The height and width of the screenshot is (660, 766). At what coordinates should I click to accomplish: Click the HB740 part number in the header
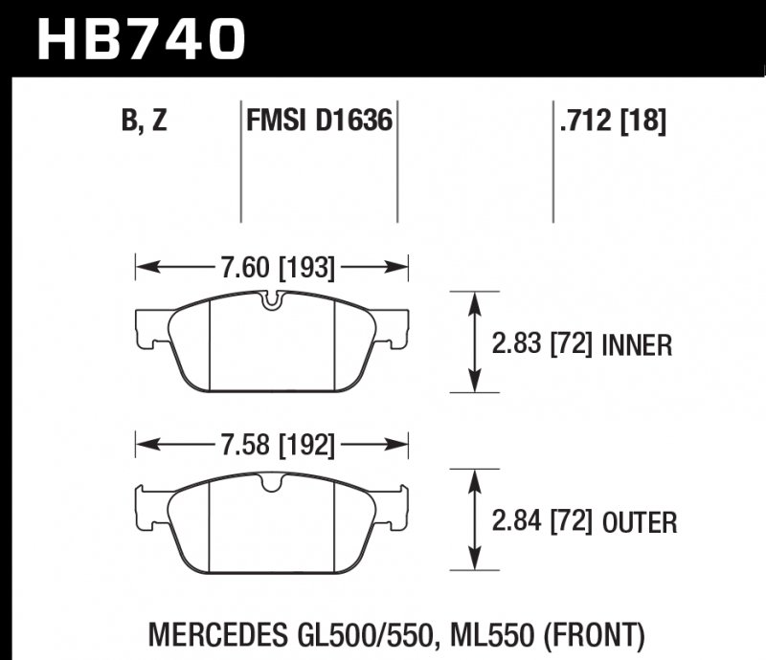click(141, 38)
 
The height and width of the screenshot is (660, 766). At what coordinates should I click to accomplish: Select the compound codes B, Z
click(146, 121)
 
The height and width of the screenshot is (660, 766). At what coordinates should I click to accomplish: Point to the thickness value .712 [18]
click(610, 121)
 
